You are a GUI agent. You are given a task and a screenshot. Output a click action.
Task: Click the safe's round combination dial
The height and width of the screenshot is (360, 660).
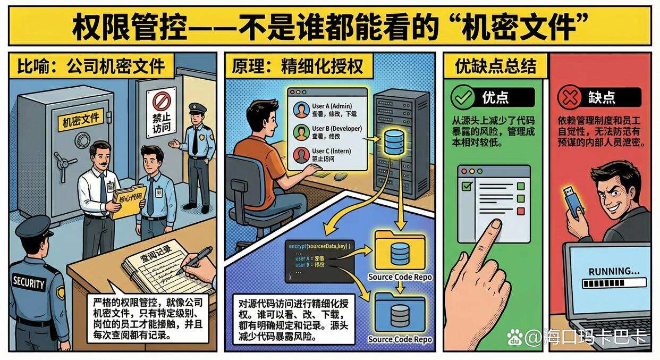pyautogui.click(x=83, y=140)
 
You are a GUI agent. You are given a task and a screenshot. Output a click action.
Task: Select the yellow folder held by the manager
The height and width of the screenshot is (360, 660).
pyautogui.click(x=128, y=201)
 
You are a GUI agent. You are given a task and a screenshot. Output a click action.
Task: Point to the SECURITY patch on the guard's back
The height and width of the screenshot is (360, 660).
pyautogui.click(x=29, y=282)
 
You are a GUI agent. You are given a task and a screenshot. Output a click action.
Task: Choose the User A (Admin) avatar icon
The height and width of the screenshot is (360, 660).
pyautogui.click(x=301, y=109)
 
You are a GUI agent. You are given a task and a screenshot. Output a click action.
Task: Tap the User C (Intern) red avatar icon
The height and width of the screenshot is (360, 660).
pyautogui.click(x=301, y=155)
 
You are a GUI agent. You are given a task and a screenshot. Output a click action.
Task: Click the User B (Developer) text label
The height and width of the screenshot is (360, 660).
pyautogui.click(x=336, y=128)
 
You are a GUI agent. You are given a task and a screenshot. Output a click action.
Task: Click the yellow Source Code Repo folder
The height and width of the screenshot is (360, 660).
pyautogui.click(x=400, y=250)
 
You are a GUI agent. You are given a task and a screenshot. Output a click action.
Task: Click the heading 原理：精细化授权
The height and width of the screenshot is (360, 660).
pyautogui.click(x=298, y=66)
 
